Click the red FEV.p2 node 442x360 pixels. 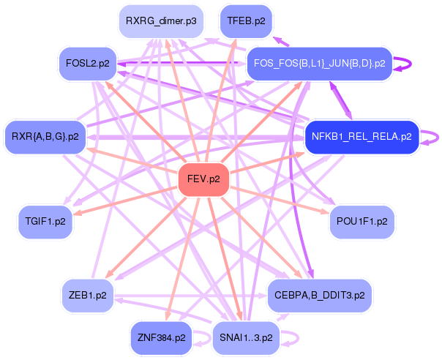coord(204,179)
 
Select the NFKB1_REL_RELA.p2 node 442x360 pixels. coord(362,136)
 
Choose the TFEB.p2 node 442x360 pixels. coord(246,22)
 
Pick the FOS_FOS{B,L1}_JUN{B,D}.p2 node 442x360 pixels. coord(319,64)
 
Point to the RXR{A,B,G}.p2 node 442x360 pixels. coord(45,136)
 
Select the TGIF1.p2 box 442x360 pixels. coord(46,220)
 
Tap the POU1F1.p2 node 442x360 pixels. coord(362,220)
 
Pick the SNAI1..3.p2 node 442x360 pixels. coord(246,337)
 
